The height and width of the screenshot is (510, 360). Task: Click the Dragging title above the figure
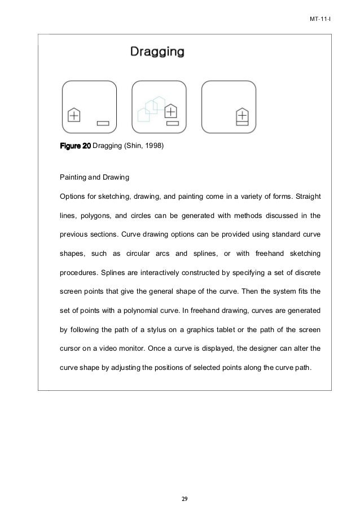click(157, 53)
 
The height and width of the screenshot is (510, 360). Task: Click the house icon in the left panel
click(74, 115)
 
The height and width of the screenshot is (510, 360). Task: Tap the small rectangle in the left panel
click(103, 122)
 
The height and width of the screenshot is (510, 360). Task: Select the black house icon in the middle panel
click(171, 111)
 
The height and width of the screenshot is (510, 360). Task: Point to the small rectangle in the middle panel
click(173, 122)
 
